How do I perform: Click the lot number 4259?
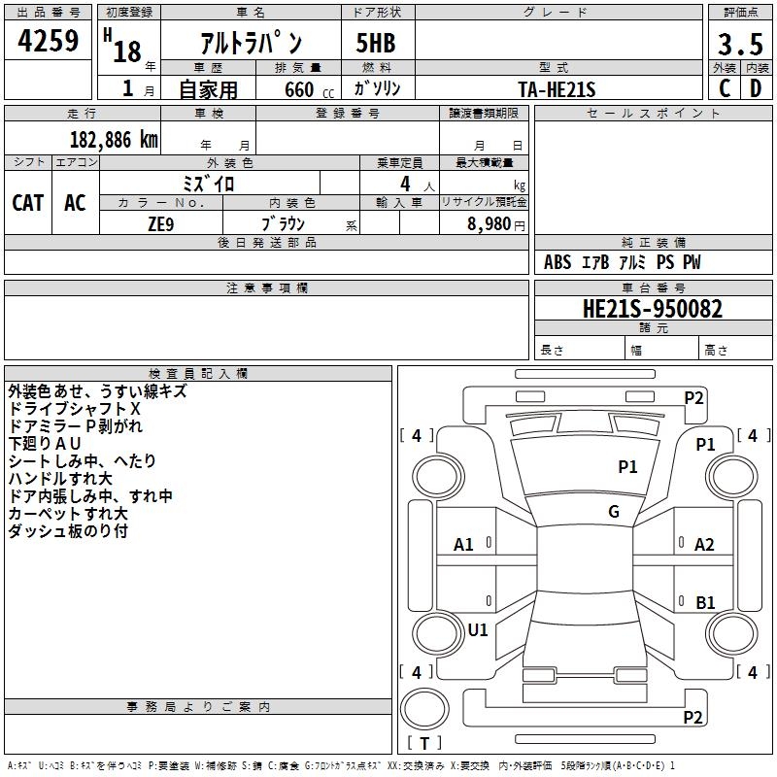click(x=48, y=41)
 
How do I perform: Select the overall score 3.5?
click(x=740, y=45)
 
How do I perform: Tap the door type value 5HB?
click(x=376, y=43)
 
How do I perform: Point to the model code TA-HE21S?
click(x=557, y=89)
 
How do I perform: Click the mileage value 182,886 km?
click(x=114, y=140)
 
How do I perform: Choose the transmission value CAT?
click(x=28, y=203)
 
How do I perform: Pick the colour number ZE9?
click(x=161, y=224)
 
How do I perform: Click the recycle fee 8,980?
click(x=489, y=224)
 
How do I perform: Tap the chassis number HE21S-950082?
click(x=653, y=309)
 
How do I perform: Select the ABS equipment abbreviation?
click(x=557, y=262)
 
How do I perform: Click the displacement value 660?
click(x=299, y=89)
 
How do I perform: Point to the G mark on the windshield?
click(x=614, y=512)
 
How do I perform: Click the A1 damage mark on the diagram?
click(x=463, y=545)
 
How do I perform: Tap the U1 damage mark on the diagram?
click(x=478, y=629)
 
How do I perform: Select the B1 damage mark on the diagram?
click(x=705, y=602)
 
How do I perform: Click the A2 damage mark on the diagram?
click(x=704, y=545)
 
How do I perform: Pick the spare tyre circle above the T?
click(x=424, y=709)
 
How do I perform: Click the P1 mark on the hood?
click(x=627, y=466)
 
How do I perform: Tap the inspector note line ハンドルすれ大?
click(x=60, y=479)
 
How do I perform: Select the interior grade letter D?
click(x=756, y=88)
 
